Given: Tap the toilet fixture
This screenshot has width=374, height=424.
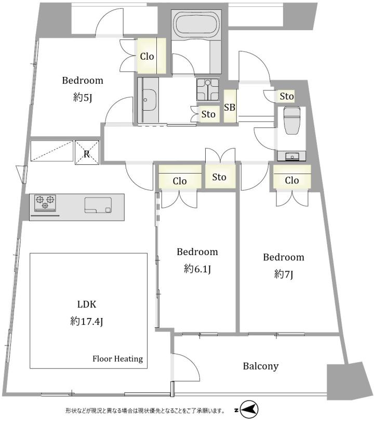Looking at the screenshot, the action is point(292,120).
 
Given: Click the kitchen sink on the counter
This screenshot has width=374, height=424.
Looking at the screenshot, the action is point(98,205).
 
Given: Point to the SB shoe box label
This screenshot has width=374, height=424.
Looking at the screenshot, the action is point(230,108).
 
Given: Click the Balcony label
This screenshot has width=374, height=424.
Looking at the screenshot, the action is point(261,366).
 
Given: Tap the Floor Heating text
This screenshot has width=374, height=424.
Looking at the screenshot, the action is point(117,359).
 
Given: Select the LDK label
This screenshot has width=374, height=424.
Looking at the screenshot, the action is point(86,304).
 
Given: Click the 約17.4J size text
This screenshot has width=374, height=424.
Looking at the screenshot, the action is point(86,322).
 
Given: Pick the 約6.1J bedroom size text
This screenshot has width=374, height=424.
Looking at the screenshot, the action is point(197,269).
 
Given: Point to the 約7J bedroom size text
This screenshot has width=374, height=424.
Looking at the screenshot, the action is point(284,274).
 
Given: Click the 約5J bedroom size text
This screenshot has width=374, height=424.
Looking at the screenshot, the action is point(83,98).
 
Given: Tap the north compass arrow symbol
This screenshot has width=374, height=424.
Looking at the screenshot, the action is point(249,410).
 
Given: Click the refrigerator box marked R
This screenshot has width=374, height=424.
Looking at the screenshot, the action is point(87,153).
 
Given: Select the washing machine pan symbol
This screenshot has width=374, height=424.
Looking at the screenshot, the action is point(208,89).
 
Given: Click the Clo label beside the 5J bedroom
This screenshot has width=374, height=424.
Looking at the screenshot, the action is point(147,57).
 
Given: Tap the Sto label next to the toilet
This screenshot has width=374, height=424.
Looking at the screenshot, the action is point(287,96).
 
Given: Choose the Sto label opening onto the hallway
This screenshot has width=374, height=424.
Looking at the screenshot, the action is point(219,177).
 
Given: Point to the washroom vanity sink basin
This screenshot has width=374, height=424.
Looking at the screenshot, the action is point(149,100).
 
